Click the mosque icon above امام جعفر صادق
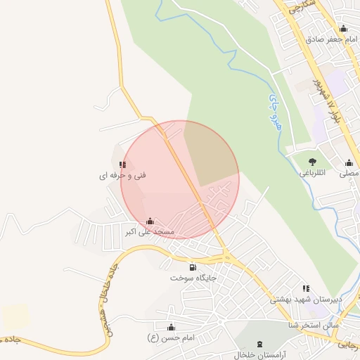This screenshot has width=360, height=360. click(343, 29)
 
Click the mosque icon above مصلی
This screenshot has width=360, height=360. click(349, 163)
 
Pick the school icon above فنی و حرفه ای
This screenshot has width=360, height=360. click(123, 165)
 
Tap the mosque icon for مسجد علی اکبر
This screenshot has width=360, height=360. click(150, 221)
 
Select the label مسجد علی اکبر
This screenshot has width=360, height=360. click(150, 232)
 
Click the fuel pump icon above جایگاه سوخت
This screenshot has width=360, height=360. click(193, 267)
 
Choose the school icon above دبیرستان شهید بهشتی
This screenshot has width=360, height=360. click(305, 288)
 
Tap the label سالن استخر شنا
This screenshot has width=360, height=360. click(314, 326)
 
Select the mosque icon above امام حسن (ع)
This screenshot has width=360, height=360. click(171, 327)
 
